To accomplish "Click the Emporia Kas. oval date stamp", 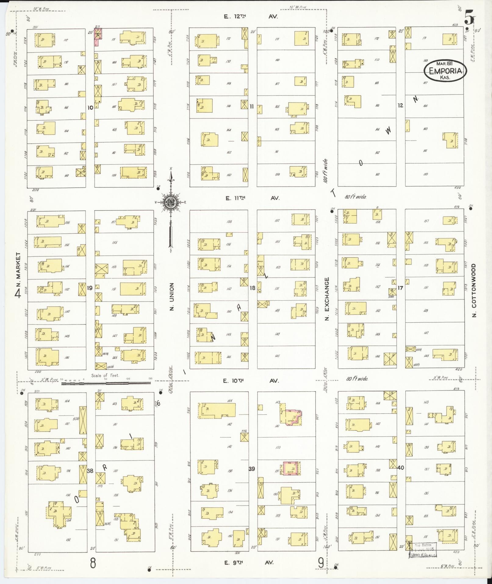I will click(x=445, y=71).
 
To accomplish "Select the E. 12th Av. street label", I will click(x=250, y=17).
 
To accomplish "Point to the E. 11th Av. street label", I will click(x=252, y=198).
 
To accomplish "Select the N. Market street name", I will click(x=18, y=270).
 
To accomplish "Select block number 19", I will click(x=90, y=288).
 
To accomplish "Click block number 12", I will click(x=400, y=105).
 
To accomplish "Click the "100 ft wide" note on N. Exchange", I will click(x=325, y=170).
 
